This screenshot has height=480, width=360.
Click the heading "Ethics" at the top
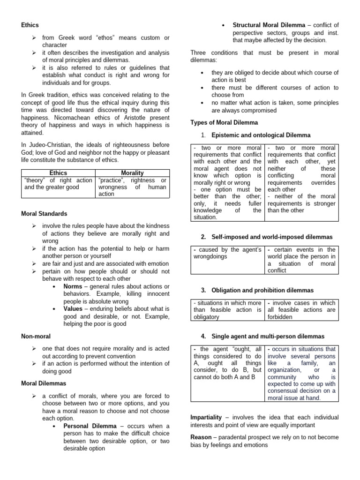point(30,25)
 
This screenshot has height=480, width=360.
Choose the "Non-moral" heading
point(36,336)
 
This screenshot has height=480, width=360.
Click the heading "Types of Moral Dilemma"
point(224,122)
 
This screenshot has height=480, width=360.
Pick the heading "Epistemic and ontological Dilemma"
point(261,135)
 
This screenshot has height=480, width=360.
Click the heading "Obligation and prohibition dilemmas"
point(262,291)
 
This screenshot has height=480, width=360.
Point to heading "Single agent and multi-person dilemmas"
point(268,337)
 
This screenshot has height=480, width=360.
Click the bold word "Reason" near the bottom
point(201,437)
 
